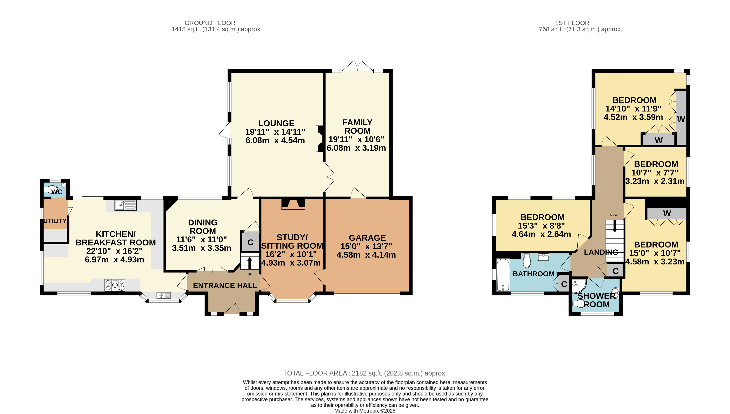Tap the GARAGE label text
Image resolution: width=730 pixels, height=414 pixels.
coord(367,238)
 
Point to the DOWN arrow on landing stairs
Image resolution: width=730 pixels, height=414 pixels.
coord(615,227)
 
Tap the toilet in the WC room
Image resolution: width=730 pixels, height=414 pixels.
coord(51,190)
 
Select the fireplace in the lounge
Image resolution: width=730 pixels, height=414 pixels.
coord(320,139)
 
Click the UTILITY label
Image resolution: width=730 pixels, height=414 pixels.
coord(55,221)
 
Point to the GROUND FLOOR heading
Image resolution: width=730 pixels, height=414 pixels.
coord(210,23)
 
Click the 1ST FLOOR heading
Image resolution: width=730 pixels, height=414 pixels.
coord(572,23)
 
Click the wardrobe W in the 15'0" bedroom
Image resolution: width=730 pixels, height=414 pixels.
coord(667,213)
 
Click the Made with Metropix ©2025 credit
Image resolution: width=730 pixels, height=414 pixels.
coord(365,411)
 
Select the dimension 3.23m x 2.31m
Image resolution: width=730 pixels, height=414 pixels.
coord(655,181)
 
